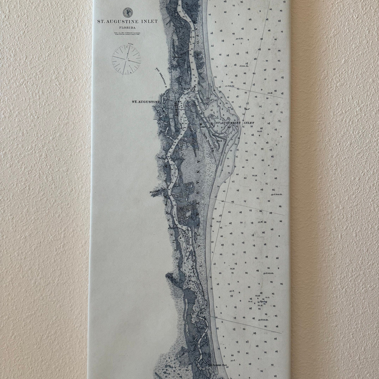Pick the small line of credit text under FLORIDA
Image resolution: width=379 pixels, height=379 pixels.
click(x=128, y=33)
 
